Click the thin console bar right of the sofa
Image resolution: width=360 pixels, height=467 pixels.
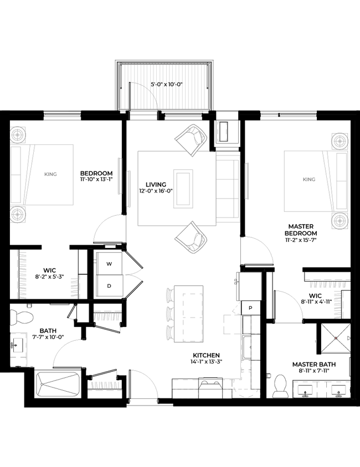click(248, 181)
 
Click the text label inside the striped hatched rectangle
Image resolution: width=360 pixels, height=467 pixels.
click(167, 84)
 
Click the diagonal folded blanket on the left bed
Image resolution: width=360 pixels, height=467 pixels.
click(29, 173)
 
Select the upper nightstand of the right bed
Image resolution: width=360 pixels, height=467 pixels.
click(340, 141)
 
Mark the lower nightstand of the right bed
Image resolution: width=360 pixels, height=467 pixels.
click(340, 220)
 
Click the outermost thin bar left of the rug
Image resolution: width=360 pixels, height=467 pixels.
click(119, 176)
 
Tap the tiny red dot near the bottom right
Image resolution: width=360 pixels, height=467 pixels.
click(336, 338)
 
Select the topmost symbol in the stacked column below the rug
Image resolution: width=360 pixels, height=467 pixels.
click(169, 290)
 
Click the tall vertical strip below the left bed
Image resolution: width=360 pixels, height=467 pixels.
click(23, 275)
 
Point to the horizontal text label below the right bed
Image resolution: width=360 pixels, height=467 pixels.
click(328, 286)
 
